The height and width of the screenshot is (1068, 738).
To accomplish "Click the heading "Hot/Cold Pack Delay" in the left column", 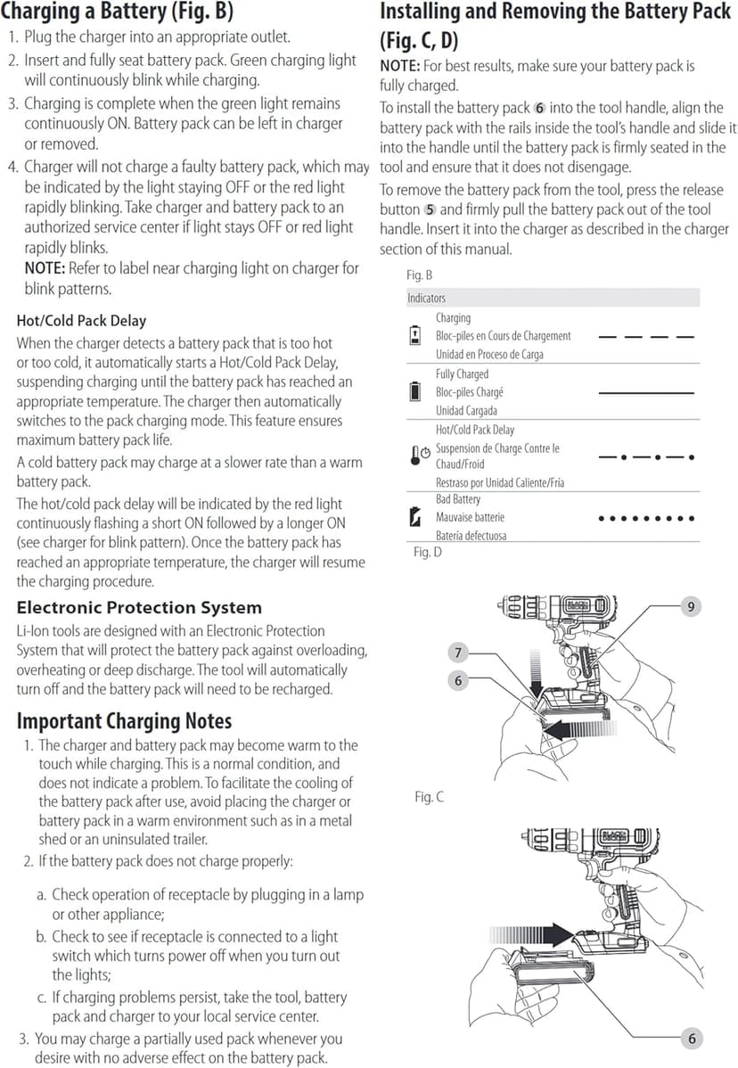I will (81, 321).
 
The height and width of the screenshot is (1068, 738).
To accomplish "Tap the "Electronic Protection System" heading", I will (139, 608).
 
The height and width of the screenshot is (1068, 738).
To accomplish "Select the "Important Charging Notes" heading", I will (124, 720).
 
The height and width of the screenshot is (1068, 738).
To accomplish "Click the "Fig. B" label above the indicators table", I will (420, 275).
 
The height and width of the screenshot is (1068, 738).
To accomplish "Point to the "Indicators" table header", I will (426, 298).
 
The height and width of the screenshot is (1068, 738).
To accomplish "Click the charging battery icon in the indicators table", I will (414, 335).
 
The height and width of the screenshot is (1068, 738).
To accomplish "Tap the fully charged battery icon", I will (414, 390).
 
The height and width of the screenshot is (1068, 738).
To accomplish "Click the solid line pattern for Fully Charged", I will (645, 392).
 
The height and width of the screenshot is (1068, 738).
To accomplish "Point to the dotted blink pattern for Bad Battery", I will (645, 518).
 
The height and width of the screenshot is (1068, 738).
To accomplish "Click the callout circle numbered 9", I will (691, 606).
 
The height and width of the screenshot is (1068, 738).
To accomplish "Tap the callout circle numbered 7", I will (458, 653).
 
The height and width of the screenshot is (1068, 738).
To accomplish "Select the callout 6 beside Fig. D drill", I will (458, 680).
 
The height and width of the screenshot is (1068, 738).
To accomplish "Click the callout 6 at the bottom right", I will (691, 1039).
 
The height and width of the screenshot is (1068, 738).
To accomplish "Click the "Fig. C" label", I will (429, 796).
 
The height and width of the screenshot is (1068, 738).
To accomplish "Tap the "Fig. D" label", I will (428, 553).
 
